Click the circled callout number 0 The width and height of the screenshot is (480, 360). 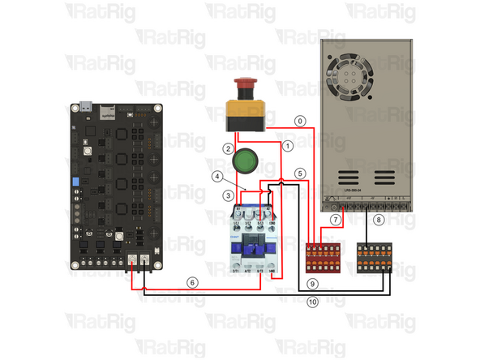300,121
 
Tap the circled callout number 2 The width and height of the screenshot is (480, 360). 229,148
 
